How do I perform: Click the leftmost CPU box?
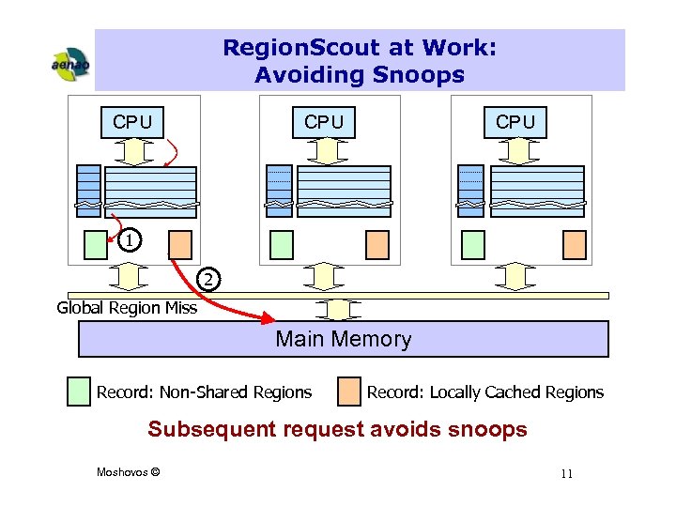coord(132,122)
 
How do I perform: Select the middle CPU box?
coord(324,122)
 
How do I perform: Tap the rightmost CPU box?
coord(515,122)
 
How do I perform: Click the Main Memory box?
coord(344,339)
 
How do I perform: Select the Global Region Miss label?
coord(127,307)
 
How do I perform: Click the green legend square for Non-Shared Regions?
coord(80,392)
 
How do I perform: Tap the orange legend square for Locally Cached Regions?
coord(349,392)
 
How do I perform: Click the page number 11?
coord(566,473)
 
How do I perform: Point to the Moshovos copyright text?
coord(128,471)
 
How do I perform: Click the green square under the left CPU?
coord(96,244)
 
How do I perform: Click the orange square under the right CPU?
coord(574,244)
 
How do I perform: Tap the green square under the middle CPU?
coord(282,244)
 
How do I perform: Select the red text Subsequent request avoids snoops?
coord(338,430)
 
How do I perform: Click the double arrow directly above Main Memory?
coord(332,309)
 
